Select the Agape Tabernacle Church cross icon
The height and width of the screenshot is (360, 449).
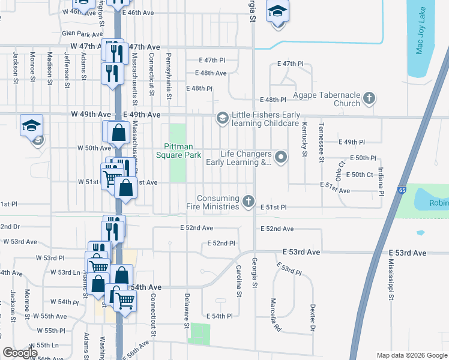[x=369, y=99]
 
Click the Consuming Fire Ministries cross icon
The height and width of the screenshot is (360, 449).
[x=249, y=202]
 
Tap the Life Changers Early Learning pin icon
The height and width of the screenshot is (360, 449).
[x=280, y=157]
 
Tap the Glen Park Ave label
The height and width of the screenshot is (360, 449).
[x=83, y=34]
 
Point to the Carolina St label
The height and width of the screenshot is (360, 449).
[x=238, y=281]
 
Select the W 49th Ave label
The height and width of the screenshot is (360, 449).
[x=91, y=114]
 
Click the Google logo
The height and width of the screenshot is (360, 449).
[x=20, y=353]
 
